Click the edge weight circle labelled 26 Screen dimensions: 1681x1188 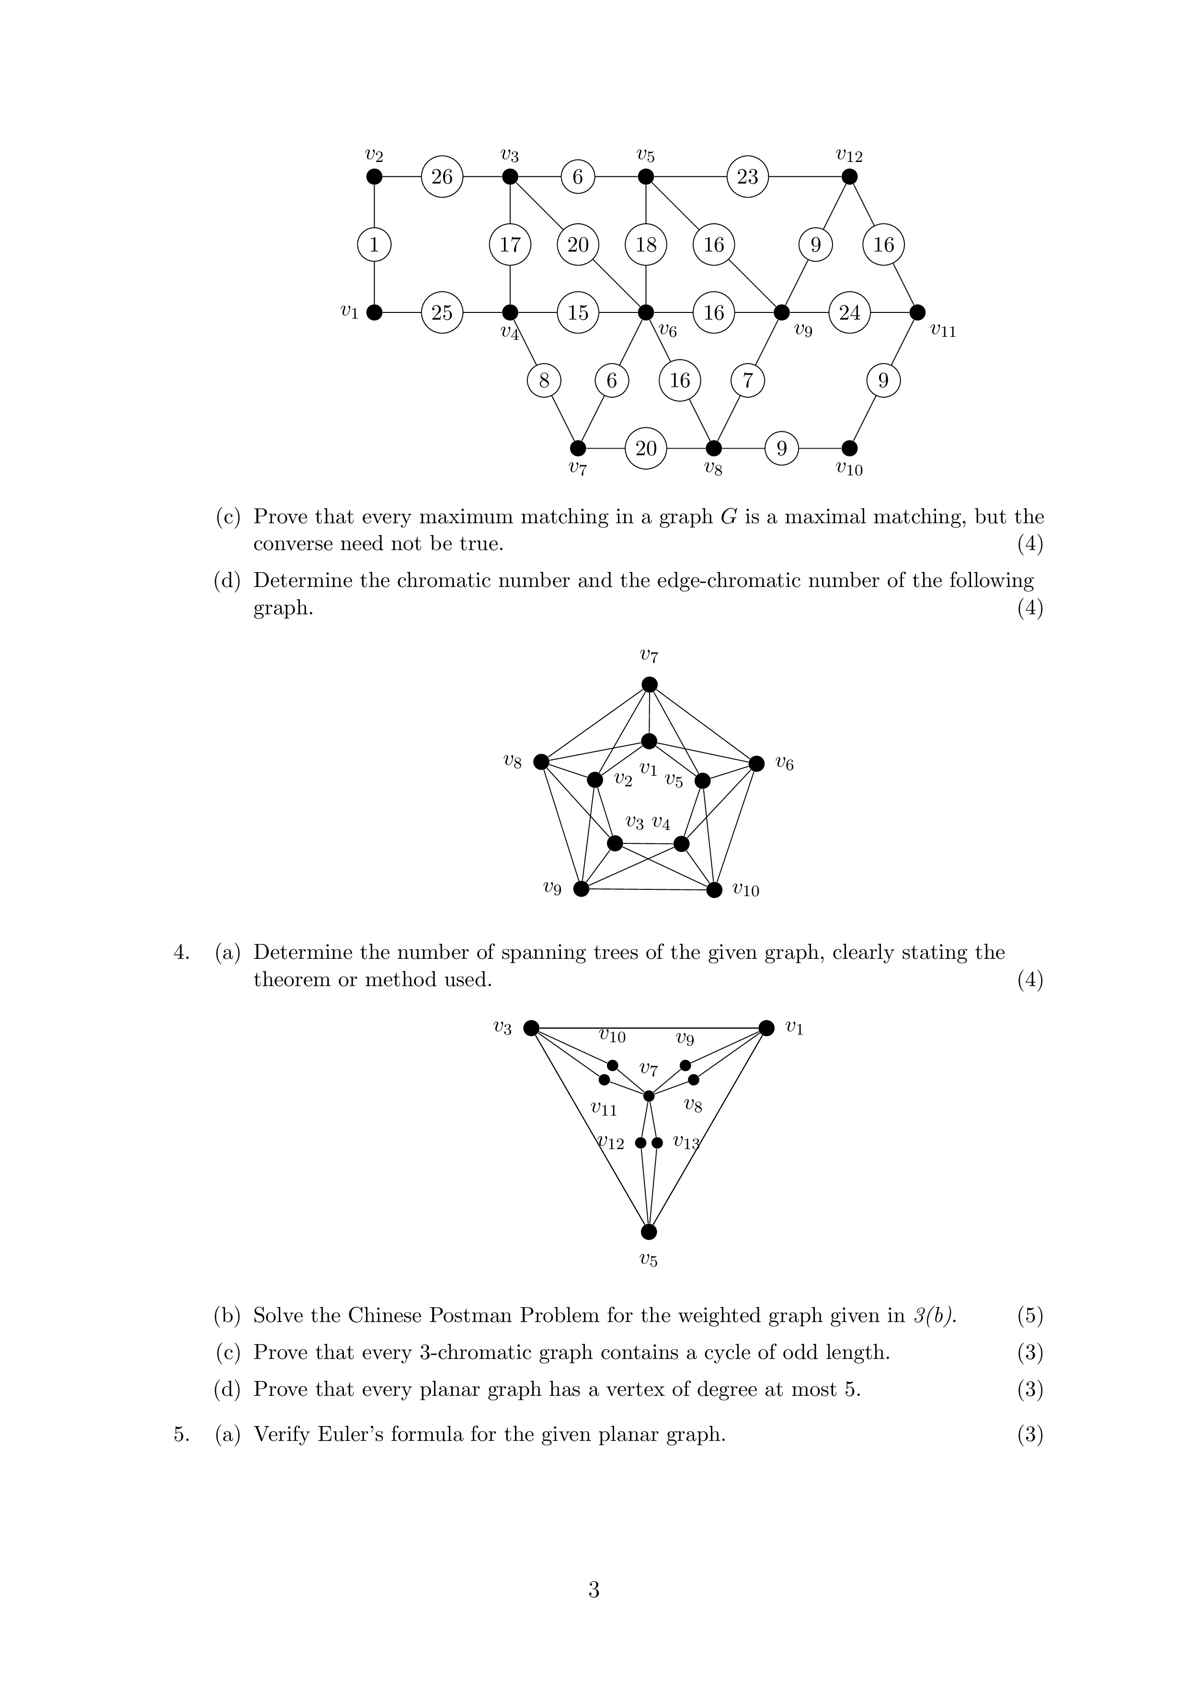(x=442, y=176)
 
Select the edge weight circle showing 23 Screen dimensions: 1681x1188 (x=747, y=176)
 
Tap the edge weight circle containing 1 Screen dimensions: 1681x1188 (x=374, y=244)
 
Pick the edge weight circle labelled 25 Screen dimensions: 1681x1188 (x=442, y=312)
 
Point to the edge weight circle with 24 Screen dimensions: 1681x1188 (x=849, y=312)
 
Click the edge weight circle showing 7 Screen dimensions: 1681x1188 (x=747, y=380)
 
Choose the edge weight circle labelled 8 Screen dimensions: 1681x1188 (x=544, y=380)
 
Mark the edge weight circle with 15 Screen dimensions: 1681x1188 (x=578, y=312)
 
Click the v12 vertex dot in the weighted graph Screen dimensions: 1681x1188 (x=849, y=176)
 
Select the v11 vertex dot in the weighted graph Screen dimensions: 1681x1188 (x=917, y=312)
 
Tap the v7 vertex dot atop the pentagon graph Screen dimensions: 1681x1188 (x=649, y=685)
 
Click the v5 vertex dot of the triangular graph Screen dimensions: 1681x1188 (x=649, y=1232)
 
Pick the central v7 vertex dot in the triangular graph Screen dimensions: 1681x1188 (x=649, y=1096)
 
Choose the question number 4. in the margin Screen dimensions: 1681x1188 (x=182, y=953)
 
